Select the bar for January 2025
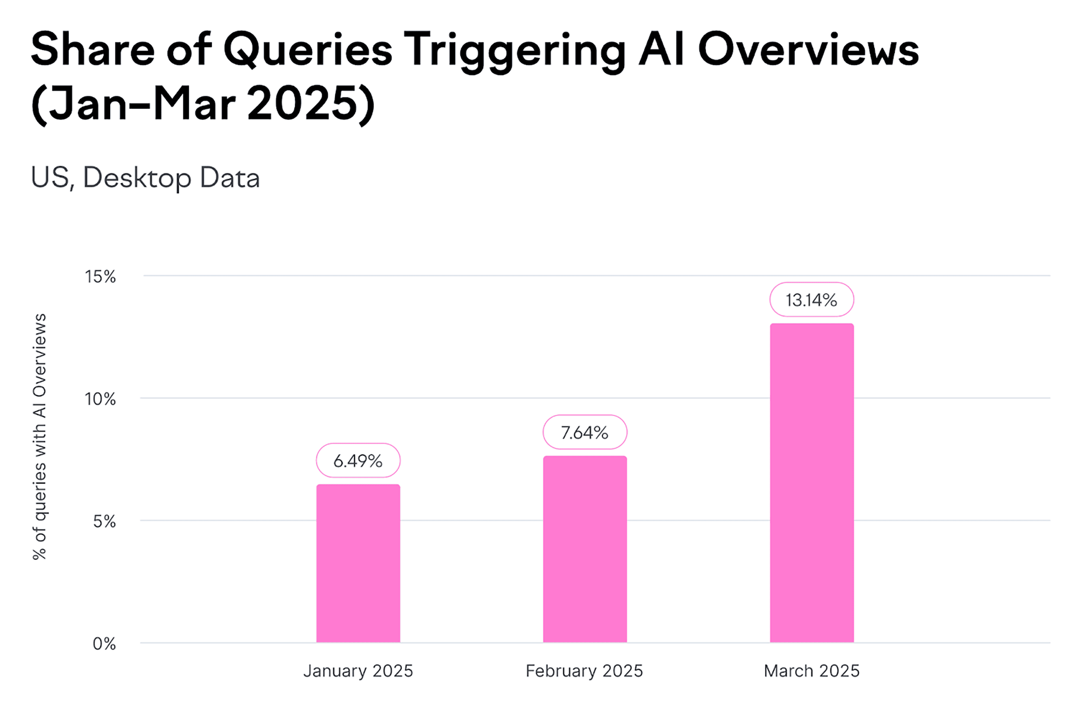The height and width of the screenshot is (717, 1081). [358, 564]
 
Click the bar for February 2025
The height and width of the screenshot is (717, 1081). [585, 549]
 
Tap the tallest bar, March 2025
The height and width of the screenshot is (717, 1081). [812, 483]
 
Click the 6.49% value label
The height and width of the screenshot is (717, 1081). [358, 460]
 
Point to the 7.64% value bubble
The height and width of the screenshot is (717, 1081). [585, 432]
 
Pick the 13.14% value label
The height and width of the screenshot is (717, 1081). [812, 300]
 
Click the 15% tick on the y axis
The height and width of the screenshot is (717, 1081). [100, 277]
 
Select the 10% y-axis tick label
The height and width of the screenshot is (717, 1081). [100, 399]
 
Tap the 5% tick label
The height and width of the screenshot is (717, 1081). [104, 521]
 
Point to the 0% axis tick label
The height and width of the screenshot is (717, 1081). [104, 644]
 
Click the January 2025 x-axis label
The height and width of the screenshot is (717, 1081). [358, 671]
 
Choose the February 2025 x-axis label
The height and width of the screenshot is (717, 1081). [584, 671]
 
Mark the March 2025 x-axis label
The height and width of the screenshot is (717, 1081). [812, 671]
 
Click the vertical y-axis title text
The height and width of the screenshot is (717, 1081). [40, 436]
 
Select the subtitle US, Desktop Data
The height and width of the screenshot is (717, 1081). [145, 178]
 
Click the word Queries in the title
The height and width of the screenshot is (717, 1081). [307, 50]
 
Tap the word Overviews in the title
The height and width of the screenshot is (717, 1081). [808, 49]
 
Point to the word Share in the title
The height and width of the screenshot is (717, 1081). [93, 49]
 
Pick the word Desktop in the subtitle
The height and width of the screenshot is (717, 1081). [137, 178]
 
